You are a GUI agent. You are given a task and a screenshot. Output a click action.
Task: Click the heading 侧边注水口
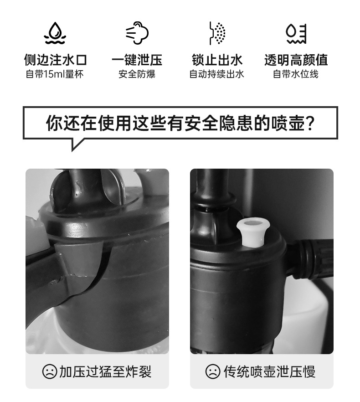coord(55,60)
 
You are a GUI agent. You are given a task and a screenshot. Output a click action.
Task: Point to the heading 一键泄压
coord(137,60)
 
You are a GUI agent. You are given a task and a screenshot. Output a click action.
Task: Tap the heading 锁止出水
coord(217,60)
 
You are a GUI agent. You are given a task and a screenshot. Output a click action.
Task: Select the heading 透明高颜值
coord(296,60)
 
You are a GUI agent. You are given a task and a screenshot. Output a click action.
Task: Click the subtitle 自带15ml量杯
coord(55,74)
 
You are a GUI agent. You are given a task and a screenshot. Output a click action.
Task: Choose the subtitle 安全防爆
coord(137,74)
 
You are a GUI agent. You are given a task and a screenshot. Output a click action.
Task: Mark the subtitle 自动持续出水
coord(217,74)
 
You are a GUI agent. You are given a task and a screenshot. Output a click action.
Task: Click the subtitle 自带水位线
coord(296,74)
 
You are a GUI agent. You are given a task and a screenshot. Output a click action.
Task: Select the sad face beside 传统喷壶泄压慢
coord(213,372)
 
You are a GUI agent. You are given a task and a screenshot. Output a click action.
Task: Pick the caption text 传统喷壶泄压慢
coord(269,372)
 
